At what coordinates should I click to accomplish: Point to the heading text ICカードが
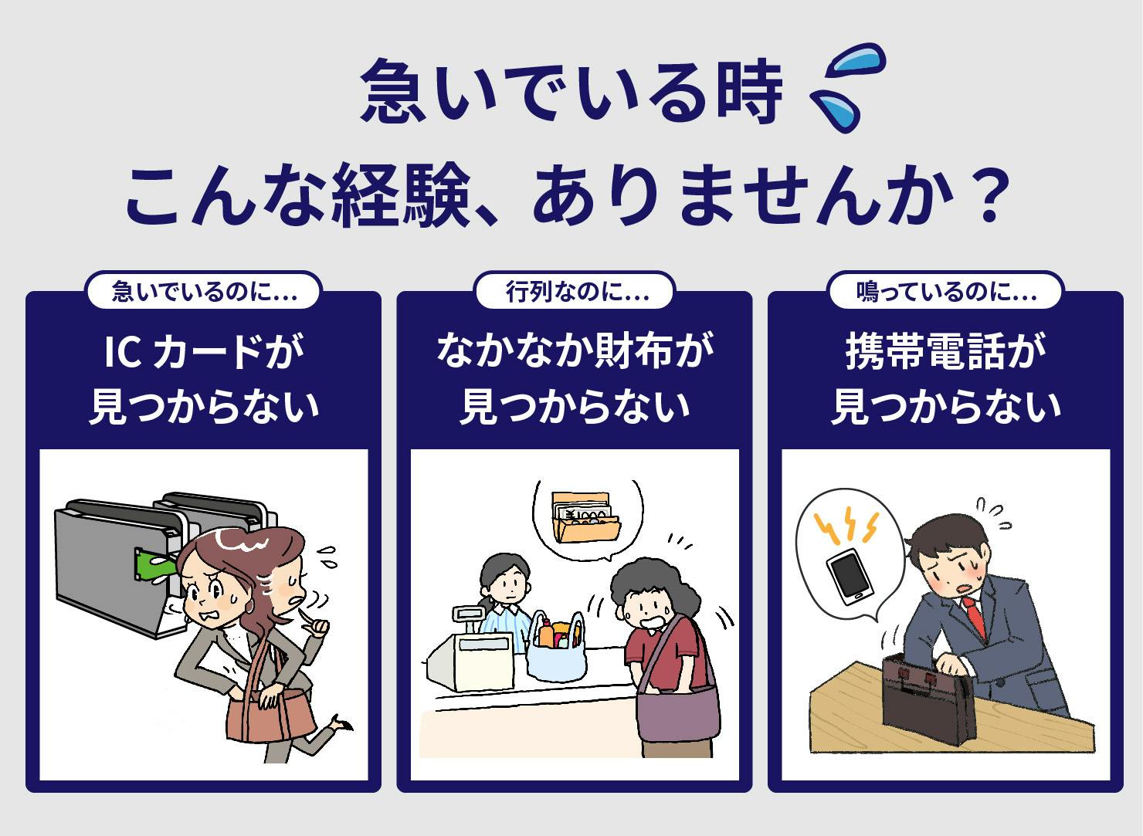coord(202,353)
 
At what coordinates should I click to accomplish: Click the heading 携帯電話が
coord(945,353)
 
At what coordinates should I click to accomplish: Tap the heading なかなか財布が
coord(575,353)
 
